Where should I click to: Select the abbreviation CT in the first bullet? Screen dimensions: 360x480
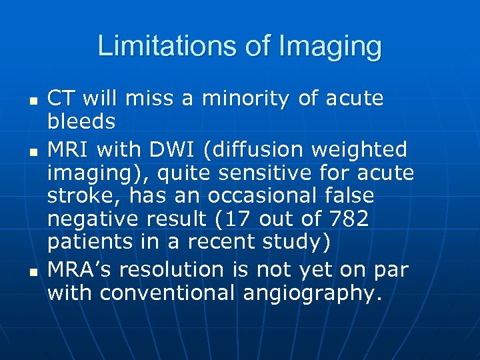pos(62,99)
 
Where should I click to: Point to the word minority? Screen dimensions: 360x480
pos(244,99)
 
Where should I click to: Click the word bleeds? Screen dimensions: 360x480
pos(81,122)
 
